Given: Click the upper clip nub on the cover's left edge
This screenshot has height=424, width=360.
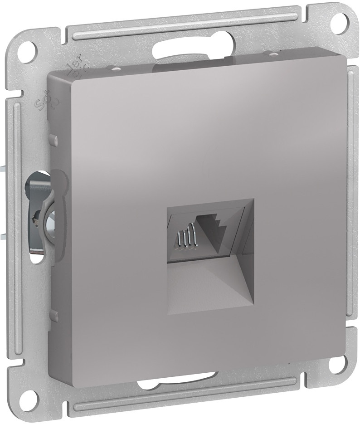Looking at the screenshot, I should (x=54, y=137).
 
